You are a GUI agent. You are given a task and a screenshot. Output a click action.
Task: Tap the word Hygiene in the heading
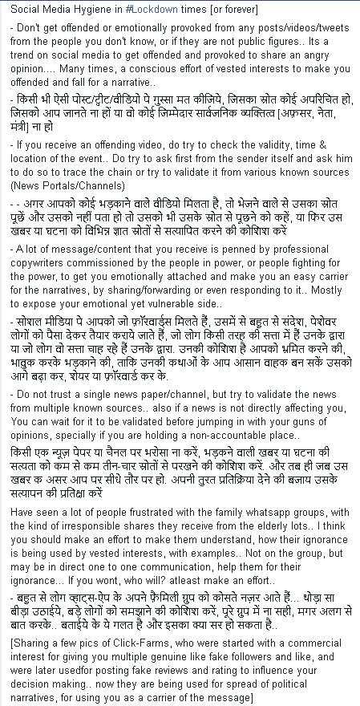[95, 10]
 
